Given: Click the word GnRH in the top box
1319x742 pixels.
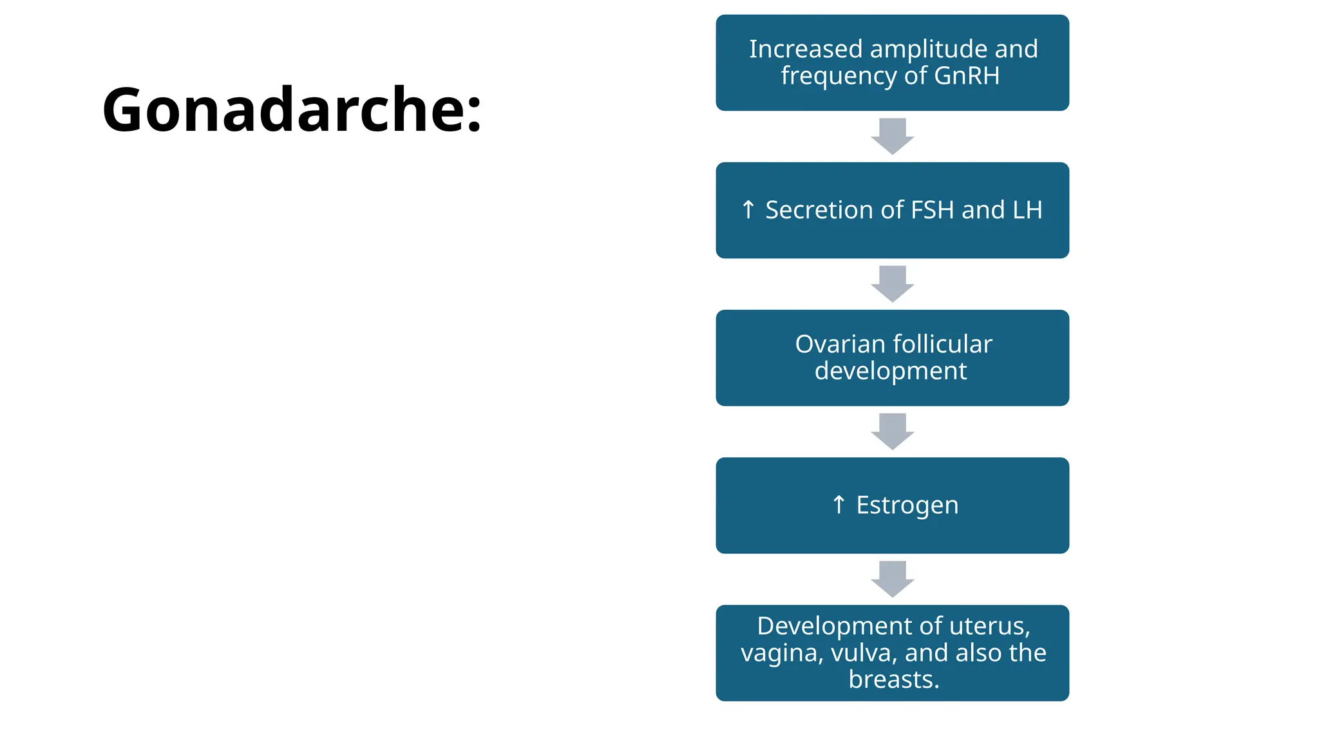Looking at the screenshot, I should click(967, 75).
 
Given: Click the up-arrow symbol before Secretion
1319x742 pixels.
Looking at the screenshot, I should click(748, 209).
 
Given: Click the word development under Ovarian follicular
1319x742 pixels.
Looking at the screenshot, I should click(891, 371).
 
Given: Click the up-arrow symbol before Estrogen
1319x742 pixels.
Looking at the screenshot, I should click(838, 504).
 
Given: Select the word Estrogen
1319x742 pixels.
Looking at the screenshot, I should click(907, 505).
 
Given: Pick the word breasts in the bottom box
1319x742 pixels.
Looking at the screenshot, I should click(893, 680).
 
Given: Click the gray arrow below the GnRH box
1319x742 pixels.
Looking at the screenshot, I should click(892, 136).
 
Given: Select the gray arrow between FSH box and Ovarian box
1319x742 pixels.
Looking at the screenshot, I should click(892, 283).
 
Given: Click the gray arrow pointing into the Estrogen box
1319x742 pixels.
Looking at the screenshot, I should click(892, 431).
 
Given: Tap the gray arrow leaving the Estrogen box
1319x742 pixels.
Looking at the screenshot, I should click(892, 578).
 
